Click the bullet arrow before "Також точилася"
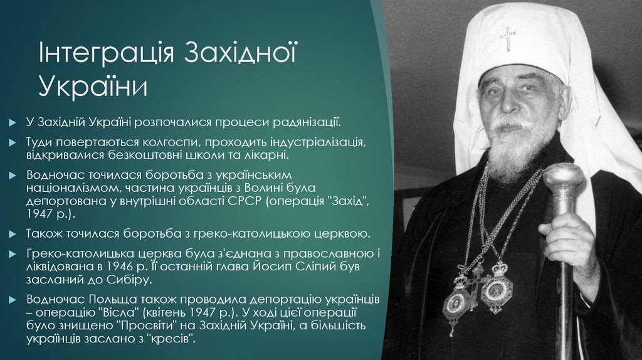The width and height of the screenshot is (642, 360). click(x=14, y=235)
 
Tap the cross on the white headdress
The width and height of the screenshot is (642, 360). click(x=507, y=39)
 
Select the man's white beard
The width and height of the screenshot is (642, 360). click(x=512, y=147)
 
